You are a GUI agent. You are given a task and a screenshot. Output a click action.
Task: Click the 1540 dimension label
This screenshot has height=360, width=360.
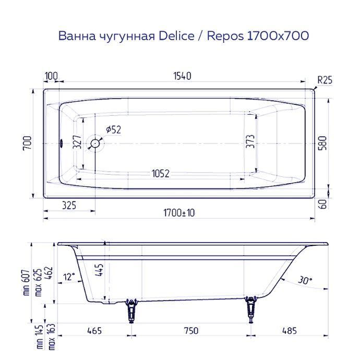coord(180,76)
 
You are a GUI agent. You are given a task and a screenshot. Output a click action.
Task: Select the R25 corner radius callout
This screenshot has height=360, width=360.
coord(325,80)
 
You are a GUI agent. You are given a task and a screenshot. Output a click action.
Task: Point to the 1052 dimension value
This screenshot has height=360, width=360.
coord(161,174)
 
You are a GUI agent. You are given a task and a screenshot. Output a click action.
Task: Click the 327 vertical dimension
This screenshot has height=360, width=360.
coord(77,143)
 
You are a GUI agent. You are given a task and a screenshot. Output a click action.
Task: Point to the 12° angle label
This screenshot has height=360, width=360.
coord(69,276)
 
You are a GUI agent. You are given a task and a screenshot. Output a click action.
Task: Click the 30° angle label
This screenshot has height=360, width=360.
coord(306,280)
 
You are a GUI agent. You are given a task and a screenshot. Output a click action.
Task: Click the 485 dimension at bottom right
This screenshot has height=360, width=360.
coord(290,331)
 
